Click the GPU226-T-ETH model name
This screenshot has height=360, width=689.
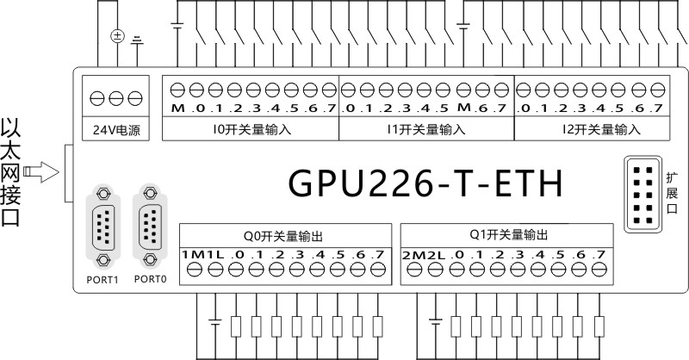tap(425, 183)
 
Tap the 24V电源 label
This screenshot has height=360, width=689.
tap(116, 130)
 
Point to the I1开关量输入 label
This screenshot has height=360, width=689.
tap(426, 129)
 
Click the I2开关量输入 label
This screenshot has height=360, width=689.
tap(601, 129)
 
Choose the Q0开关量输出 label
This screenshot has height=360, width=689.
tap(283, 236)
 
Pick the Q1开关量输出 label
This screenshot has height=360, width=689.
tap(509, 235)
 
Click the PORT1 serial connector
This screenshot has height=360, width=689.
tap(103, 227)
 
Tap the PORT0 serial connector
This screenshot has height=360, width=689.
tap(150, 226)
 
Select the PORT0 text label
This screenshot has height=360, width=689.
tap(150, 279)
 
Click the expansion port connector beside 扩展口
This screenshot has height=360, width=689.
tap(643, 194)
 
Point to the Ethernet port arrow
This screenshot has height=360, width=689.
tap(40, 172)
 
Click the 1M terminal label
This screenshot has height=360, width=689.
tap(193, 255)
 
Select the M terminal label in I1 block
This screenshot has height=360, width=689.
tap(464, 108)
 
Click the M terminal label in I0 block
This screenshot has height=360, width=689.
tap(178, 109)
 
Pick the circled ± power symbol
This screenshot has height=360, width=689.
tap(117, 36)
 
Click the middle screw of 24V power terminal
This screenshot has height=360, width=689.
tap(116, 98)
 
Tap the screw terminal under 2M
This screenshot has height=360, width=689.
tap(414, 270)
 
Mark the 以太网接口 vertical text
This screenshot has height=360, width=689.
tap(10, 171)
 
